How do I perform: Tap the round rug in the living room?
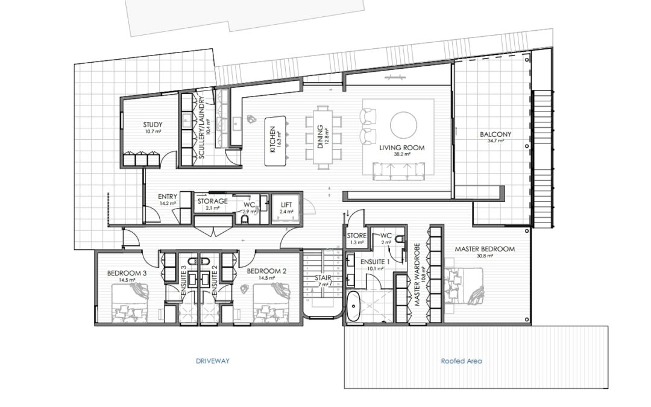(x=403, y=125)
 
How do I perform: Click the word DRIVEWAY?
(x=213, y=361)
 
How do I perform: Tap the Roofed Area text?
(x=461, y=361)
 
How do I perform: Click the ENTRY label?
(x=166, y=197)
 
